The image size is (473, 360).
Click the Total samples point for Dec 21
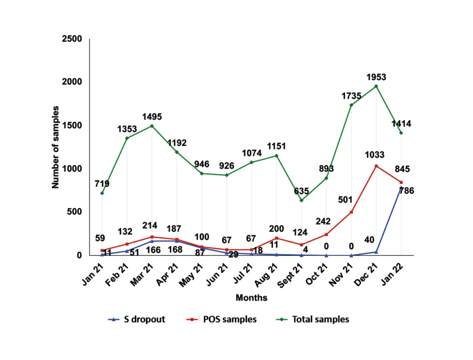click(376, 86)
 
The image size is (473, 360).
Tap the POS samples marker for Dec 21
click(376, 166)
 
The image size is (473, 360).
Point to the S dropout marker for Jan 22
click(401, 188)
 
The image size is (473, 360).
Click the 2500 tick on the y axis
click(72, 39)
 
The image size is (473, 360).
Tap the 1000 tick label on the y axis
click(72, 169)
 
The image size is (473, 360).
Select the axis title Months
click(251, 298)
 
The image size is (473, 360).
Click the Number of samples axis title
click(56, 147)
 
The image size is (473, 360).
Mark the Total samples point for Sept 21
click(301, 200)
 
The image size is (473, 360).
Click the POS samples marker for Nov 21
click(351, 212)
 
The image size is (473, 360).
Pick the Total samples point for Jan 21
click(102, 193)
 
